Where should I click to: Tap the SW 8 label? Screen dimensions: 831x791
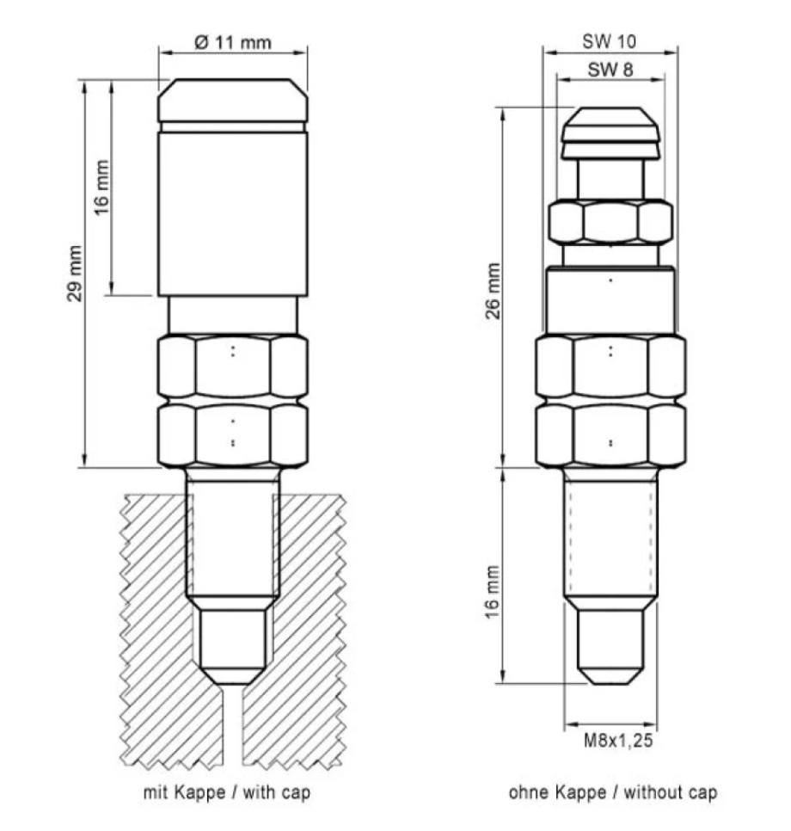[610, 71]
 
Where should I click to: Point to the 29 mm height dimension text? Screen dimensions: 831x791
[75, 274]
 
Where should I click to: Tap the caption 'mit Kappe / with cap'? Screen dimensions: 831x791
[226, 792]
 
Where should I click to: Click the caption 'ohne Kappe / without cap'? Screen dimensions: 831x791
[611, 792]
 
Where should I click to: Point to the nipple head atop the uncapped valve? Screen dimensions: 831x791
[610, 131]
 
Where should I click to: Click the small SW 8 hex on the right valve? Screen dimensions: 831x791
[610, 222]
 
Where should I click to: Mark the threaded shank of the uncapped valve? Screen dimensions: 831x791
[610, 533]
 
